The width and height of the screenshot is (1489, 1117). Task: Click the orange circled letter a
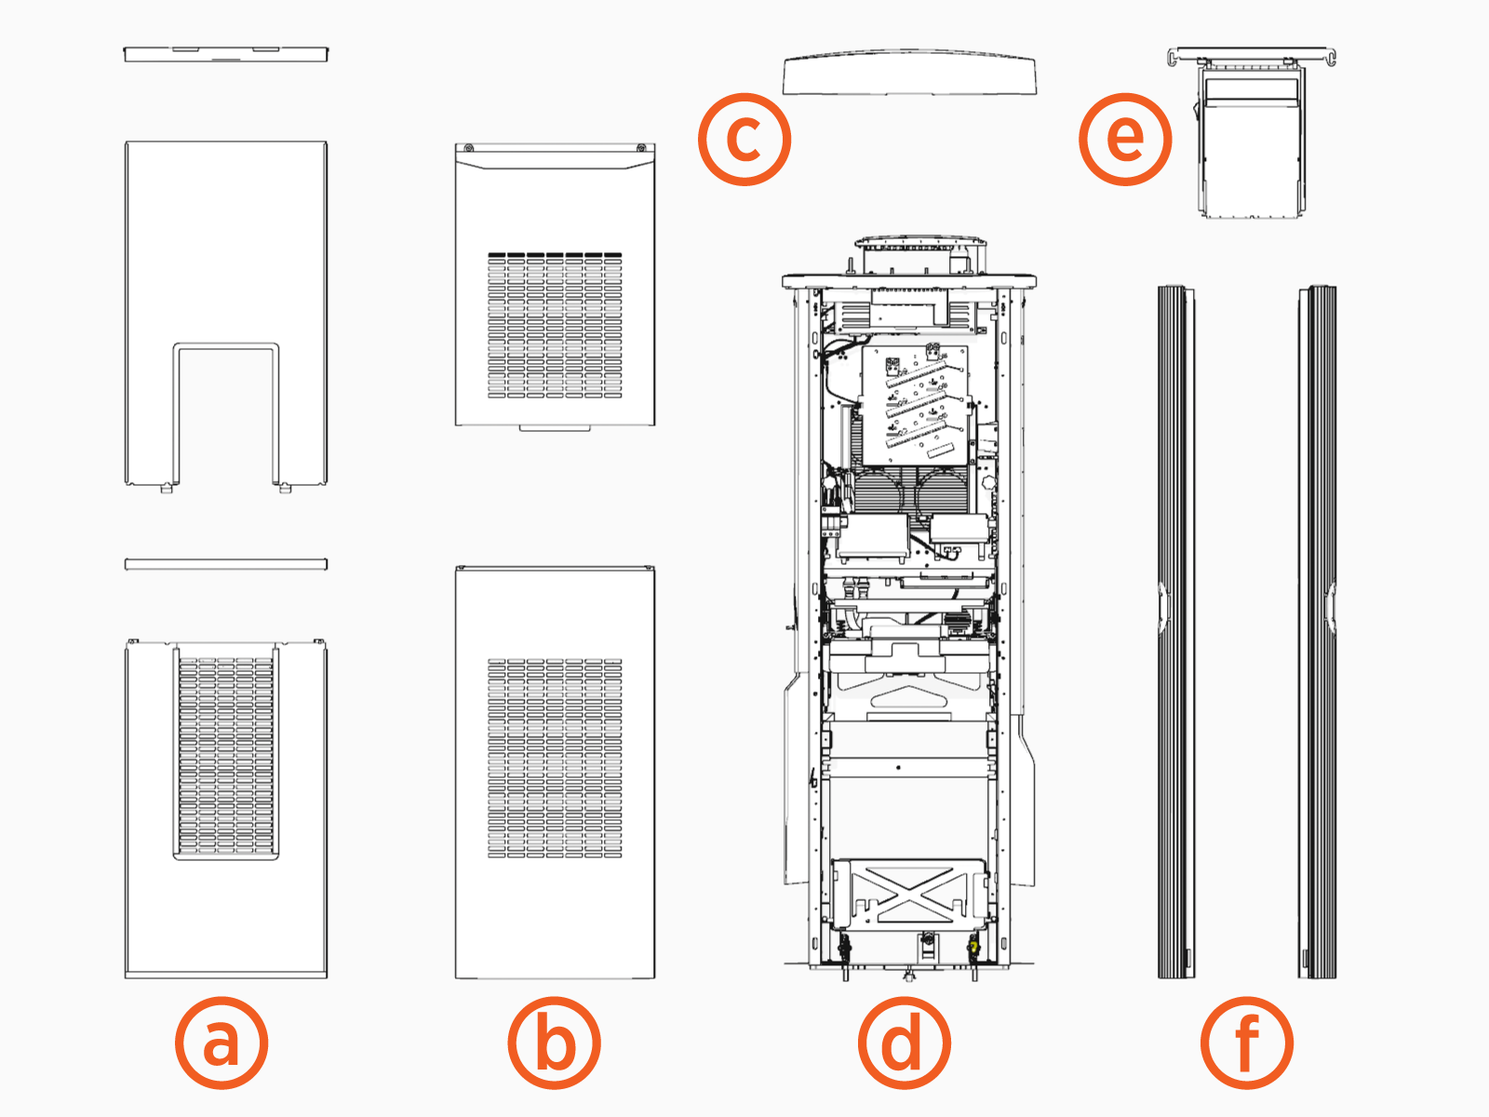click(221, 1043)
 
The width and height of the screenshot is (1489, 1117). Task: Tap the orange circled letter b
click(555, 1043)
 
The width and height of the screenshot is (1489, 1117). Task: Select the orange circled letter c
click(744, 139)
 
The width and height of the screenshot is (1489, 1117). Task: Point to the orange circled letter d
click(904, 1043)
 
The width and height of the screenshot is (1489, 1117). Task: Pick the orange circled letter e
click(1125, 139)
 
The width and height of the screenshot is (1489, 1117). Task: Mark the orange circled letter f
click(1246, 1043)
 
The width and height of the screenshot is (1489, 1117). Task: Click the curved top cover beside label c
click(909, 74)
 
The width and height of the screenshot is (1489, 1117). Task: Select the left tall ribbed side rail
click(1175, 633)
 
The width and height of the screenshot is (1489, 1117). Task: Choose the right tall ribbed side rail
click(1318, 633)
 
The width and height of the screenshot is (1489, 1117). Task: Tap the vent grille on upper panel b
click(555, 326)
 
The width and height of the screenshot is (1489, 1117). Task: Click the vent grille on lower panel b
click(555, 759)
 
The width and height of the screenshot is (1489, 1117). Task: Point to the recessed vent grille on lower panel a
click(225, 757)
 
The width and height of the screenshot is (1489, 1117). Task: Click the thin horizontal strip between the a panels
click(226, 564)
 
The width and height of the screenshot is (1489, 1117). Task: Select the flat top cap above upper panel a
click(226, 54)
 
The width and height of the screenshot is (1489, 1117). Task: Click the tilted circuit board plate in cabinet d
click(917, 405)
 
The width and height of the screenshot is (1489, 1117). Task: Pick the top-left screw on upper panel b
click(468, 148)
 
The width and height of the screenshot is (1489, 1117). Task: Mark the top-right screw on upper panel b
click(641, 148)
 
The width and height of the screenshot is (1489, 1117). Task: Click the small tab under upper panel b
click(555, 428)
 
